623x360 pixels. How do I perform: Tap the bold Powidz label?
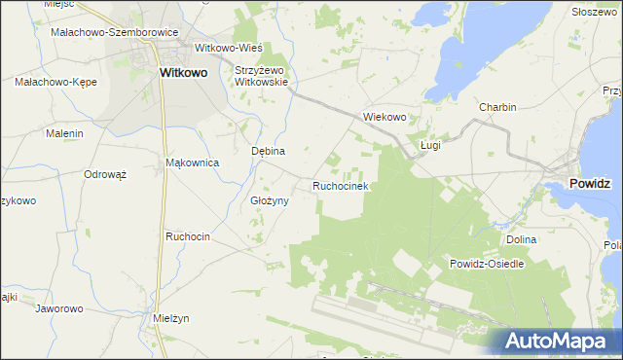coord(591,182)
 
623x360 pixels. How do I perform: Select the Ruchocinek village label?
coord(339,185)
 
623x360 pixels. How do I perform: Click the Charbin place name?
coord(496,107)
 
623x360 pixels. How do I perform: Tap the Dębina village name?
coord(268,152)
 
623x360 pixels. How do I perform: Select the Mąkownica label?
coord(192,162)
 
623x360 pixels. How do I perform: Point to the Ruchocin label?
coord(188,236)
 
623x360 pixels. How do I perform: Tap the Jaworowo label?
coord(59,308)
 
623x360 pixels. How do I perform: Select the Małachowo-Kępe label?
coord(55,82)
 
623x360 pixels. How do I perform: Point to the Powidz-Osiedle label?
coord(487,264)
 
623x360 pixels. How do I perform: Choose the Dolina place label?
coord(522,238)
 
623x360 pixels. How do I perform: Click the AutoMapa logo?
coord(556,342)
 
